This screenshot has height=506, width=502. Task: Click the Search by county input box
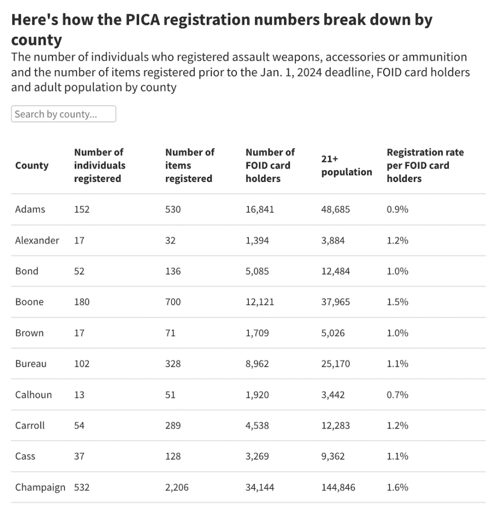pos(63,114)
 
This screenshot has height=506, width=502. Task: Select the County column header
pos(32,166)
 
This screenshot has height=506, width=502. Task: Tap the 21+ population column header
pos(346,166)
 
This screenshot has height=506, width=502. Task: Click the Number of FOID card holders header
pos(270,166)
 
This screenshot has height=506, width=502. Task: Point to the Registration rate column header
pos(425,166)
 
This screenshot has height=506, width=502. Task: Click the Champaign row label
pos(40,487)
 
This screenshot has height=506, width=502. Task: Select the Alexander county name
pos(37,240)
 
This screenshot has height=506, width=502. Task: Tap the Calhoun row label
pos(33,395)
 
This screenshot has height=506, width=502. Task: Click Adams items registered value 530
pos(173,210)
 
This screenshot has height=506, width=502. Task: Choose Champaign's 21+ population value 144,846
pos(338,487)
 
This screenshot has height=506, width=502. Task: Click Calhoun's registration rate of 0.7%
pos(397,395)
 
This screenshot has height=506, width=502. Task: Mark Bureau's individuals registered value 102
pos(82,364)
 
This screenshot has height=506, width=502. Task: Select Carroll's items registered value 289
pos(173,425)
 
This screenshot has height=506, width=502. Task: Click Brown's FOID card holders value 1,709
pos(257,333)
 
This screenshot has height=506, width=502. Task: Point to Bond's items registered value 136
pos(173,271)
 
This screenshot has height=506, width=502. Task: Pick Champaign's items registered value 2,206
pos(177,487)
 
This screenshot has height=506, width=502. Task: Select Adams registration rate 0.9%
pos(397,210)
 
